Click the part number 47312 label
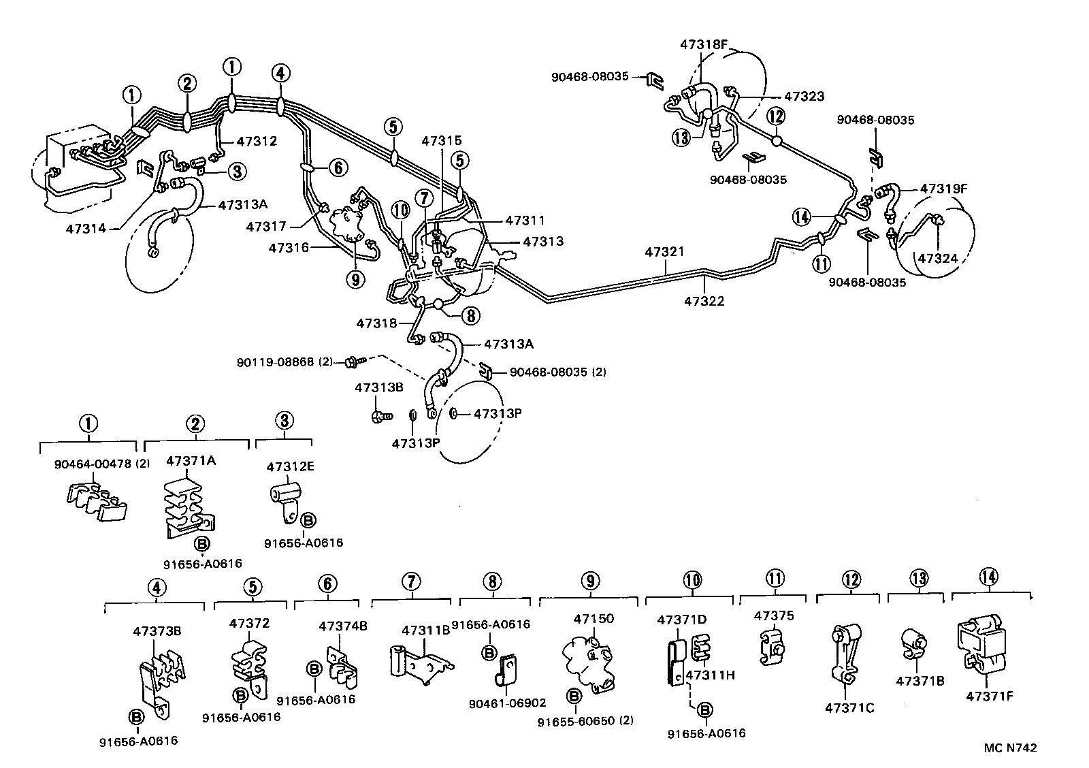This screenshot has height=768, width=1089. (257, 142)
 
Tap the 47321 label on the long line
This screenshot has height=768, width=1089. (664, 252)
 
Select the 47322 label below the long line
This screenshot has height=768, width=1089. (704, 300)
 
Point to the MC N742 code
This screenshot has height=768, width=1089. (1010, 748)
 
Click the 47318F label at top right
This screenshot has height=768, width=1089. (704, 45)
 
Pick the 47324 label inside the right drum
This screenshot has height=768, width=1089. (938, 258)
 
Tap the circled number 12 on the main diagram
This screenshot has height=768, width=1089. (777, 116)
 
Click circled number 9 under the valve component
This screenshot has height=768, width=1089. (355, 278)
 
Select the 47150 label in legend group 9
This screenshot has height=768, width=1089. (594, 618)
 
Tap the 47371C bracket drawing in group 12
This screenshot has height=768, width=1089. (843, 654)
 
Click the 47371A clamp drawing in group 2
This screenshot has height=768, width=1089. (187, 511)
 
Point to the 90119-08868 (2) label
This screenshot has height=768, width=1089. (285, 362)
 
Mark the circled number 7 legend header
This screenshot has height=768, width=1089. (410, 582)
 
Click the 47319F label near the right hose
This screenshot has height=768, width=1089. (943, 189)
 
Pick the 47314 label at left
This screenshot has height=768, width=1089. (86, 228)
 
